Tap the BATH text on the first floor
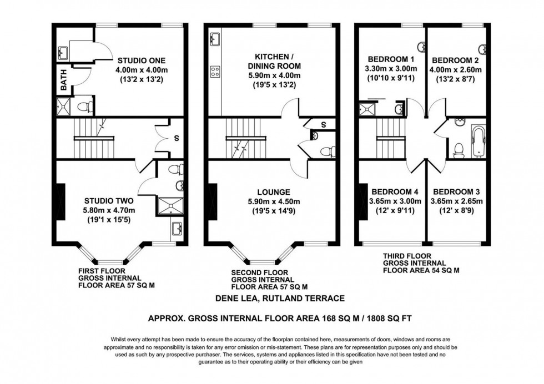click(x=64, y=83)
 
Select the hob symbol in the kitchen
click(x=215, y=71)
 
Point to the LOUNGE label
click(x=270, y=193)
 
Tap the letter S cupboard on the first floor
click(x=177, y=138)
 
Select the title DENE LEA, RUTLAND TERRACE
click(x=280, y=299)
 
